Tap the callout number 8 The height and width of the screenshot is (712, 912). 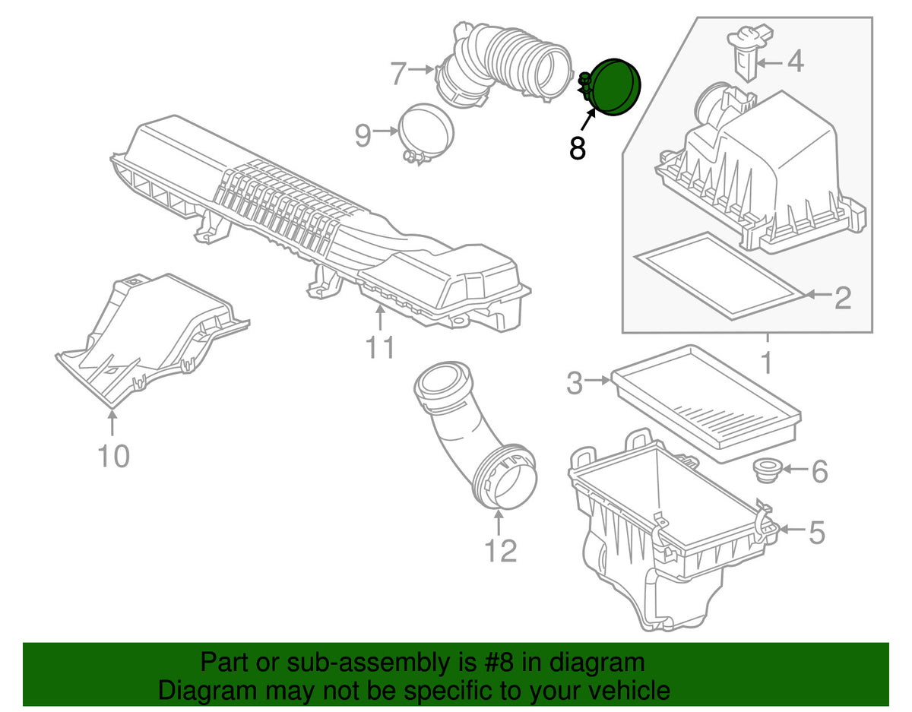[x=577, y=147]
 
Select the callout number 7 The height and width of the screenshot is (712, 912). [x=398, y=74]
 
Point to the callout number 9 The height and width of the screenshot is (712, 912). [x=363, y=135]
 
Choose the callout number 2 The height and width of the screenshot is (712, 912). [x=843, y=298]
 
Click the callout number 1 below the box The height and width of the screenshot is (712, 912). [x=766, y=363]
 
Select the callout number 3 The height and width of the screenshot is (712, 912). [x=575, y=383]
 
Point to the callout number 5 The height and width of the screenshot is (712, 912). [x=817, y=533]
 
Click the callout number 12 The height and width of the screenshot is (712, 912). [x=500, y=550]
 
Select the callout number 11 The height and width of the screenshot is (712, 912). [x=380, y=347]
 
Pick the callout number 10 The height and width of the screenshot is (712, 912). [x=113, y=456]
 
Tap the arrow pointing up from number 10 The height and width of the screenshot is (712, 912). [x=112, y=423]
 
